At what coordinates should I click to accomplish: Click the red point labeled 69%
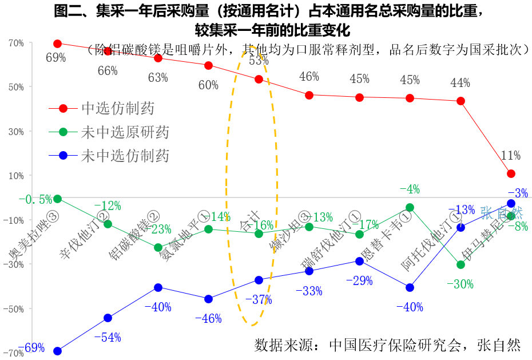click(x=57, y=43)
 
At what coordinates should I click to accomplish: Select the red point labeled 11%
click(x=511, y=173)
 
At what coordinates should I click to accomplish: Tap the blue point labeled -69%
click(x=57, y=351)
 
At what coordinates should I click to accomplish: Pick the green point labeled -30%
click(x=460, y=264)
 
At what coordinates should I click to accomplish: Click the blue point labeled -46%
click(x=208, y=299)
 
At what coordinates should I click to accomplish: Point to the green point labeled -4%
click(x=410, y=207)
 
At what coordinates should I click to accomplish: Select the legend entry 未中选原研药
click(x=125, y=132)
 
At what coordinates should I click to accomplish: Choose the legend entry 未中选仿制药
click(x=125, y=155)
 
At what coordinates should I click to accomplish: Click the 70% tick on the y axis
click(x=16, y=43)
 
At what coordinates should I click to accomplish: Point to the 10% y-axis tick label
click(x=16, y=175)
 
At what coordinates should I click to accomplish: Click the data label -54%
click(x=108, y=337)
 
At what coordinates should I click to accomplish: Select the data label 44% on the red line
click(x=460, y=83)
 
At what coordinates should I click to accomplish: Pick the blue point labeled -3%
click(x=511, y=203)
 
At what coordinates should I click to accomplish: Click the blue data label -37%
click(x=259, y=299)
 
